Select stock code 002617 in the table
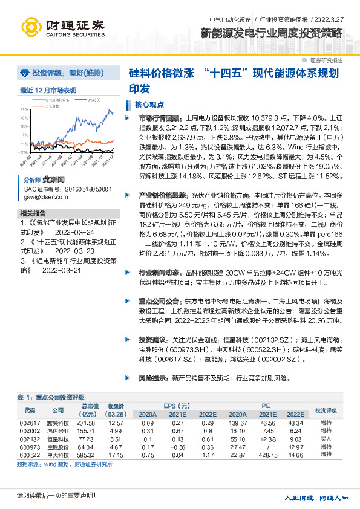[30, 423]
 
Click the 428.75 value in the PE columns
[268, 454]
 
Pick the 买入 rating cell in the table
[327, 438]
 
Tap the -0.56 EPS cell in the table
[177, 446]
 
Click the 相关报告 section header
[33, 213]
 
